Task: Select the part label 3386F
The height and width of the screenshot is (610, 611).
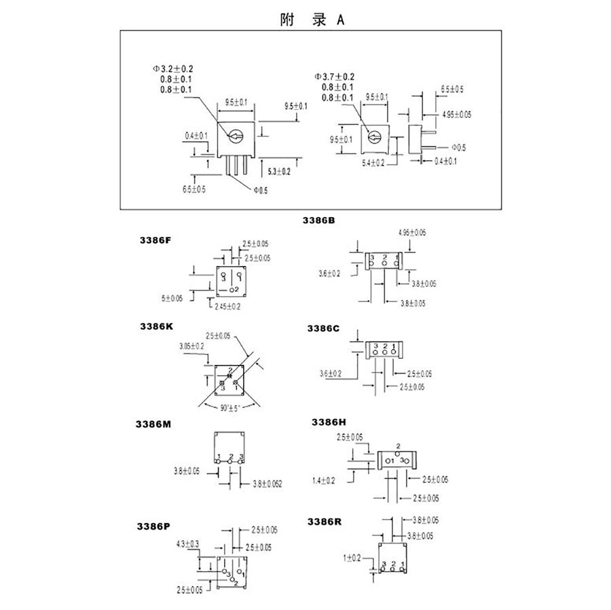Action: pos(155,241)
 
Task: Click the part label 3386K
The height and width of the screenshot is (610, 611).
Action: pos(155,326)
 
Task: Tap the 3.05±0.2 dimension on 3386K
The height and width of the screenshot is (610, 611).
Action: pos(193,346)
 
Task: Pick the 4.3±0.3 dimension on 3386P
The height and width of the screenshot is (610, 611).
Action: pos(187,544)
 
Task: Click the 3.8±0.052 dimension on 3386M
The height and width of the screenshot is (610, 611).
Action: pos(267,484)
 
